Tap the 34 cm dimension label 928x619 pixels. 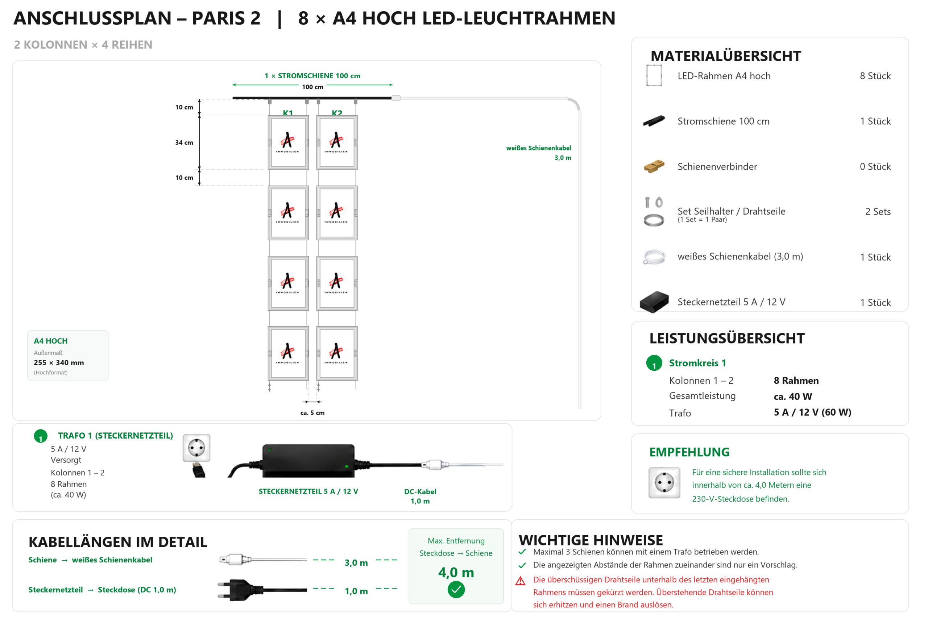pyautogui.click(x=184, y=142)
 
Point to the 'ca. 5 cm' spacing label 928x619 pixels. pyautogui.click(x=312, y=413)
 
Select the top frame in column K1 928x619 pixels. pyautogui.click(x=288, y=142)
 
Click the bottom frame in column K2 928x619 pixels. pyautogui.click(x=337, y=353)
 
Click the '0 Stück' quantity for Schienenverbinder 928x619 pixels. pyautogui.click(x=875, y=167)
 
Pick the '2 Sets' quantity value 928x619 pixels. pyautogui.click(x=878, y=212)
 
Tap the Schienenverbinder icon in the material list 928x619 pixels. pyautogui.click(x=654, y=166)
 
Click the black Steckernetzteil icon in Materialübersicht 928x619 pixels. pyautogui.click(x=654, y=302)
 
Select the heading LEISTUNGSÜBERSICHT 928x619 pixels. pyautogui.click(x=726, y=338)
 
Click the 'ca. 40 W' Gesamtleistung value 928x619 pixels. pyautogui.click(x=792, y=396)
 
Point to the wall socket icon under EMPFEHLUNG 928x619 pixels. pyautogui.click(x=664, y=483)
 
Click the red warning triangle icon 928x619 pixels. pyautogui.click(x=521, y=581)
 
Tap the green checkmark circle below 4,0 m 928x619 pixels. pyautogui.click(x=456, y=589)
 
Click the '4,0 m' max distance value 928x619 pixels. pyautogui.click(x=456, y=572)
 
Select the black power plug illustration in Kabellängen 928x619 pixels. pyautogui.click(x=262, y=590)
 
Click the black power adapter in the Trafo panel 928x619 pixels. pyautogui.click(x=308, y=460)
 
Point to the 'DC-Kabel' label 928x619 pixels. pyautogui.click(x=420, y=491)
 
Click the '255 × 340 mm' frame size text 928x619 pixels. pyautogui.click(x=59, y=362)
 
